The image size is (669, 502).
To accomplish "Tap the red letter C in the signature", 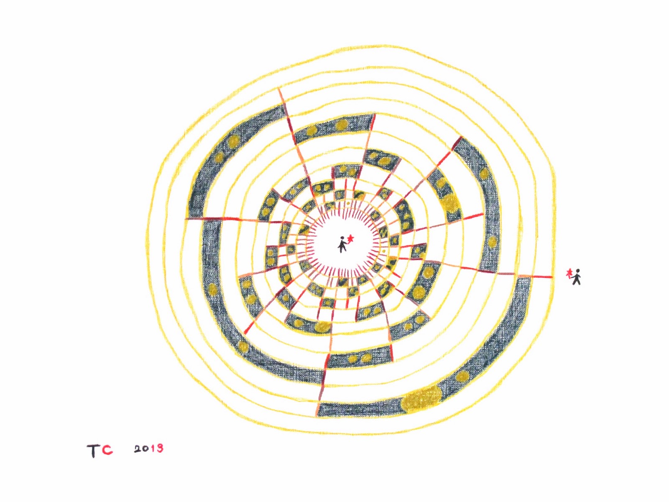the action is click(x=107, y=450).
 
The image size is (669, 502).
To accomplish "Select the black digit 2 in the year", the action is click(x=138, y=449).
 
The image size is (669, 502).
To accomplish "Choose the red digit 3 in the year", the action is click(x=160, y=448).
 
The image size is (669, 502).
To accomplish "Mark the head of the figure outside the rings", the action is click(x=577, y=271).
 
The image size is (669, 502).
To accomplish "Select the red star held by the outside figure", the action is click(x=568, y=274).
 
